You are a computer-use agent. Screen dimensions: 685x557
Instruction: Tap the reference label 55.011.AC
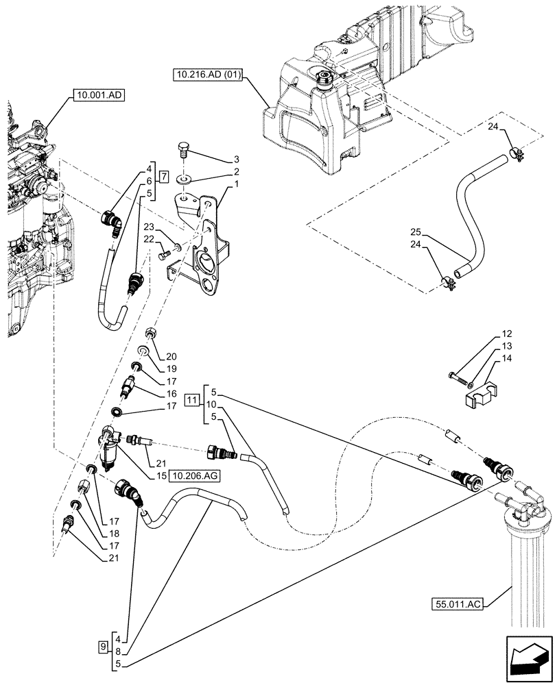(x=458, y=604)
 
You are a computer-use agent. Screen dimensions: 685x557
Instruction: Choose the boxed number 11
(x=193, y=400)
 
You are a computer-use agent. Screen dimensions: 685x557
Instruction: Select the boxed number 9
(x=104, y=645)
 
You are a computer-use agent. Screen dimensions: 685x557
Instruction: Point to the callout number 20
(x=171, y=356)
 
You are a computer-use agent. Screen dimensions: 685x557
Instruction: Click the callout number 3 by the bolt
(x=236, y=158)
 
